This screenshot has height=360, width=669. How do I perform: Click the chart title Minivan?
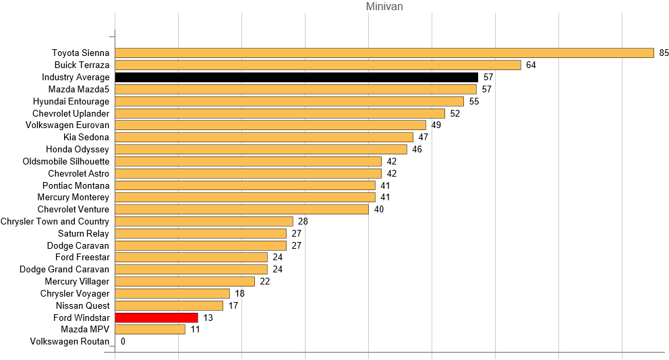point(384,7)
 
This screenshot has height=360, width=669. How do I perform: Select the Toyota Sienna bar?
point(384,53)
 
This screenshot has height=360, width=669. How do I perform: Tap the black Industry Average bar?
point(296,77)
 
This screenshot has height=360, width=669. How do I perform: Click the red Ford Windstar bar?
point(156,318)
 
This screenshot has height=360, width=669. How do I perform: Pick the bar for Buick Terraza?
point(318,65)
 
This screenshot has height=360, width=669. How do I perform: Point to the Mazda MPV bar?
point(150,330)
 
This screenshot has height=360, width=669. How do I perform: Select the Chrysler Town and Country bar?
point(204,221)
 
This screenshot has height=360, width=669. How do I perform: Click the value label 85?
point(664,53)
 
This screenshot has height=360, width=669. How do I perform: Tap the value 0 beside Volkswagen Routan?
point(123,342)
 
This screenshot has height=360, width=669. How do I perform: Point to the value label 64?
point(531,65)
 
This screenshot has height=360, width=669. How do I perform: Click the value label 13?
point(208,318)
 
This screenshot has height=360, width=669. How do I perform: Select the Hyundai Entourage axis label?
point(71,101)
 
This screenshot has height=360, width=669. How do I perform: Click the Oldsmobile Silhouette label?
point(65,161)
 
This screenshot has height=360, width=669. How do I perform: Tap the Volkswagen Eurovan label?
point(67,125)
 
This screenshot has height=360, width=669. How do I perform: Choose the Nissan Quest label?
point(83,305)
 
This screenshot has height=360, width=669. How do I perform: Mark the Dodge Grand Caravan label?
point(64,270)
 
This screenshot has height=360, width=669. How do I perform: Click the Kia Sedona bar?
point(264,137)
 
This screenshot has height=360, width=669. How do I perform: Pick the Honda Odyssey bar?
point(261,149)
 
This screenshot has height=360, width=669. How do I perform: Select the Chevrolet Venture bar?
point(241,209)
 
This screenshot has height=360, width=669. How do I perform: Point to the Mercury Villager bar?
point(185,281)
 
